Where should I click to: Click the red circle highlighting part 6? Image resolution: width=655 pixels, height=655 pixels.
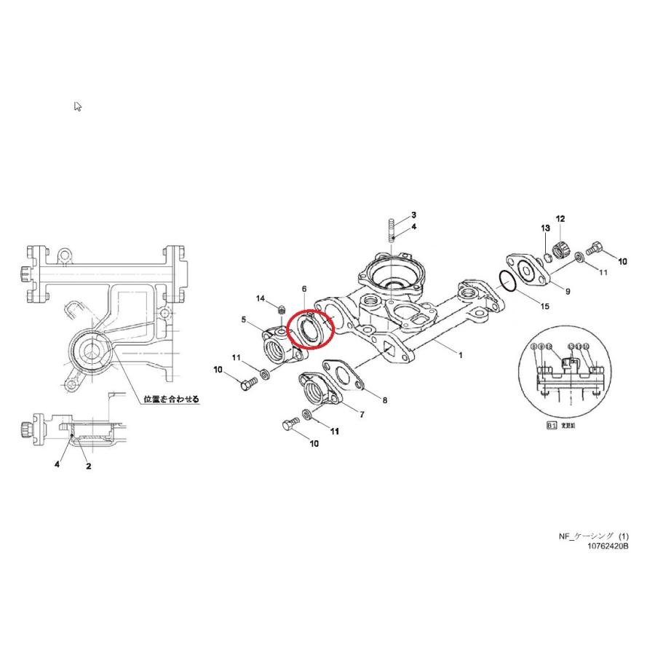(x=309, y=328)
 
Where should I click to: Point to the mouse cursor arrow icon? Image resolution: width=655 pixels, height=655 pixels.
(x=78, y=106)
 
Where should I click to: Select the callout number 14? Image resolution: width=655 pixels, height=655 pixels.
(x=260, y=298)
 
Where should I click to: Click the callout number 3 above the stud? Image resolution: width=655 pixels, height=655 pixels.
(x=413, y=215)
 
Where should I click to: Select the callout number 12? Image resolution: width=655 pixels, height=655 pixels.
(x=560, y=218)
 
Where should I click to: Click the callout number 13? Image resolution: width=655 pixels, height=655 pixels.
(x=544, y=229)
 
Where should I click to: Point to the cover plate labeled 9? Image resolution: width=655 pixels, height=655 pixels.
(x=525, y=268)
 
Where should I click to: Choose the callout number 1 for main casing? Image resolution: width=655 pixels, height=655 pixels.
(x=460, y=354)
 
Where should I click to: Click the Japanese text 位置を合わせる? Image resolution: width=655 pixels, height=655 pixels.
(x=171, y=400)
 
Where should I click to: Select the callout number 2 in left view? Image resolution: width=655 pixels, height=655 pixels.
(x=88, y=467)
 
